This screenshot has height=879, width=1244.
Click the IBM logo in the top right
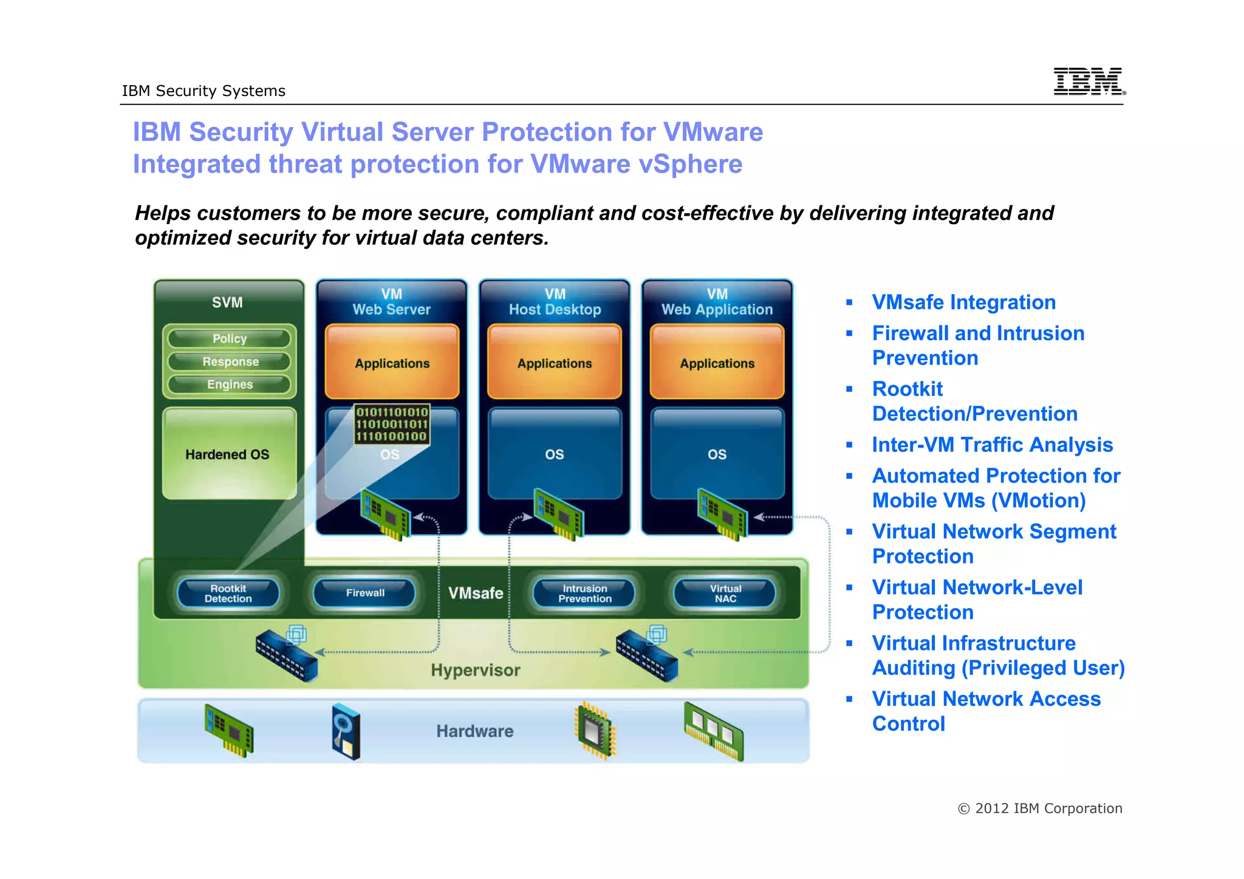pos(1088,81)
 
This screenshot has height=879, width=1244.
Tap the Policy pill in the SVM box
pos(230,338)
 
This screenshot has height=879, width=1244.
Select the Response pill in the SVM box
pos(230,361)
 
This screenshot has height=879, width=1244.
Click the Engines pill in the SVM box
pos(230,385)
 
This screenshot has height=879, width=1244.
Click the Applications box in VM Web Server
pos(392,363)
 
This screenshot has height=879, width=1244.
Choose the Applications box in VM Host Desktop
pos(555,363)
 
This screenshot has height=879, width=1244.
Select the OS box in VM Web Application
pos(717,454)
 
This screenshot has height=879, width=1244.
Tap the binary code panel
pos(392,424)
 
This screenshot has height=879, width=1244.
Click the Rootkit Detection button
pos(228,593)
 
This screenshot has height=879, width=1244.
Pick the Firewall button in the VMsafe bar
pos(365,593)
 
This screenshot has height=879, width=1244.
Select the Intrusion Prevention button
pos(584,593)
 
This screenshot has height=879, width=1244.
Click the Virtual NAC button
pos(725,593)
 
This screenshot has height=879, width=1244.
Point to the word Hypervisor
pos(476,670)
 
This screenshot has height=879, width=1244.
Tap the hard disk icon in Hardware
pos(346,731)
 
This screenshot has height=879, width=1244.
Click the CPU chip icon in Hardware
pos(595,731)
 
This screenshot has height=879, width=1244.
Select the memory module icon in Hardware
pos(714,731)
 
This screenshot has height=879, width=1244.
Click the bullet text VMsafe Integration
pos(963,302)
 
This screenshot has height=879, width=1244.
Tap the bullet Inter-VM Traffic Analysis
pos(992,445)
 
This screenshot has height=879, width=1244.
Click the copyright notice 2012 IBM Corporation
pos(1040,809)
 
